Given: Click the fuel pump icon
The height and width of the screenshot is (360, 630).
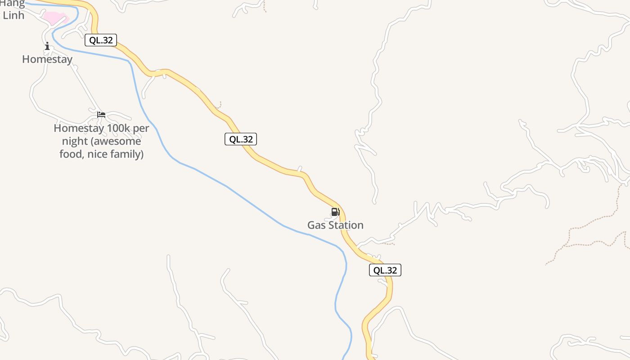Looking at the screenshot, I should tap(335, 211).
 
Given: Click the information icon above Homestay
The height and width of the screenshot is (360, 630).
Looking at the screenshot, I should tap(47, 46).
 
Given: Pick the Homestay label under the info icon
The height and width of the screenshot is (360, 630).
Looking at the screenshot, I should tap(47, 59).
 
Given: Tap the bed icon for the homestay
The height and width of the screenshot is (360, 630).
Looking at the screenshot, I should tap(101, 115).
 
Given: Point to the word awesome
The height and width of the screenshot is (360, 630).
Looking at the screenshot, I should tap(119, 141).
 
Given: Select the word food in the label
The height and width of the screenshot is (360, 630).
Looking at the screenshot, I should tap(72, 154).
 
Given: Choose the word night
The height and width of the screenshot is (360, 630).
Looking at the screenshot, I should tap(75, 141).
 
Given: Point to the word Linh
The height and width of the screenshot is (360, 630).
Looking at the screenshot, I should tap(13, 15).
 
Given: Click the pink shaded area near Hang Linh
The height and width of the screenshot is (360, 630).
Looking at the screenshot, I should tap(55, 18).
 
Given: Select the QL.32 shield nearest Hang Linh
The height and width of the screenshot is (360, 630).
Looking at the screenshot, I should tap(101, 40).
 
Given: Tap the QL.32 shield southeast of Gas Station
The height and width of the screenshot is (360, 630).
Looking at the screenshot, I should tap(385, 270).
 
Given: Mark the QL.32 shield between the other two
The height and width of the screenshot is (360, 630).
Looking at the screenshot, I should tap(241, 139).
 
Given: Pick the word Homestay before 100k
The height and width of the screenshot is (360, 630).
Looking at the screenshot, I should tap(79, 128).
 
